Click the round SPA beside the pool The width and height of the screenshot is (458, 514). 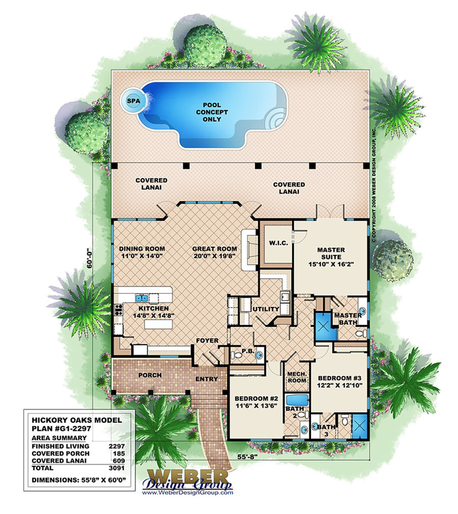(133, 101)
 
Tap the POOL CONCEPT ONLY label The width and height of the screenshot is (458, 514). (212, 112)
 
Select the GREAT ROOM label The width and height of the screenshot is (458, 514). (215, 249)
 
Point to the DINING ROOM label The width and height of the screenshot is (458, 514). (142, 249)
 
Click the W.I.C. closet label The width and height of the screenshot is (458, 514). (278, 243)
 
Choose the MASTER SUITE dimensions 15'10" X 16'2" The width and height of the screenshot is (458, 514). (331, 264)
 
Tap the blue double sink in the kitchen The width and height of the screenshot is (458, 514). (142, 298)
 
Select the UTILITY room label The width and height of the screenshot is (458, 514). (266, 309)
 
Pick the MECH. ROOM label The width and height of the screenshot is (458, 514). (297, 377)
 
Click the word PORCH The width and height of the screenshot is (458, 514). (150, 375)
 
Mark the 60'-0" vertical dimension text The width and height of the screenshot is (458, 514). (89, 259)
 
